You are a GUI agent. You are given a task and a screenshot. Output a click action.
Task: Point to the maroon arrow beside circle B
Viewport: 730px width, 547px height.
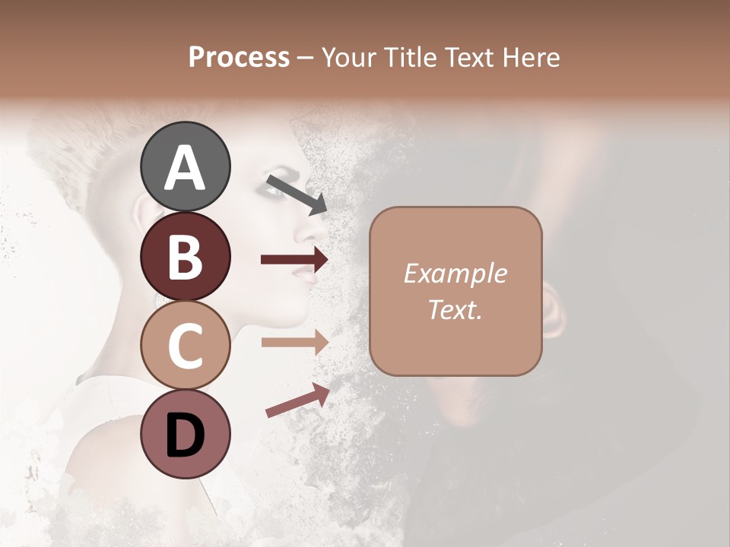pyautogui.click(x=294, y=260)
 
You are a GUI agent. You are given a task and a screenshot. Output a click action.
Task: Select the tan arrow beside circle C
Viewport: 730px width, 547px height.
pyautogui.click(x=294, y=342)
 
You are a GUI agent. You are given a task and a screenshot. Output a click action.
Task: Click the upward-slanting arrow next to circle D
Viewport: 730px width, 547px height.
pyautogui.click(x=297, y=400)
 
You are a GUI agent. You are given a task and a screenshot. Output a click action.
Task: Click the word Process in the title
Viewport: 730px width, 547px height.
pyautogui.click(x=239, y=57)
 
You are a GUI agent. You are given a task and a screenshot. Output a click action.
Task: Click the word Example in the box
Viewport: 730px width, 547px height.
pyautogui.click(x=455, y=273)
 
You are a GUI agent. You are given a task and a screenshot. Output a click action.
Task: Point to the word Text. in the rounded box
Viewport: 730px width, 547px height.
pyautogui.click(x=455, y=309)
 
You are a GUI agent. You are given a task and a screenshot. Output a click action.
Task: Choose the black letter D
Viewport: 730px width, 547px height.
pyautogui.click(x=185, y=435)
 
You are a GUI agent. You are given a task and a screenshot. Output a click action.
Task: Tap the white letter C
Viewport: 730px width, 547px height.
pyautogui.click(x=185, y=346)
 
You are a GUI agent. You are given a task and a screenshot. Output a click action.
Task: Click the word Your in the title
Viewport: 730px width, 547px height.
pyautogui.click(x=348, y=57)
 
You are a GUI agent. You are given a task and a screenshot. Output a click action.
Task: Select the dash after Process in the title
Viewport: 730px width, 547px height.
pyautogui.click(x=306, y=58)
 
